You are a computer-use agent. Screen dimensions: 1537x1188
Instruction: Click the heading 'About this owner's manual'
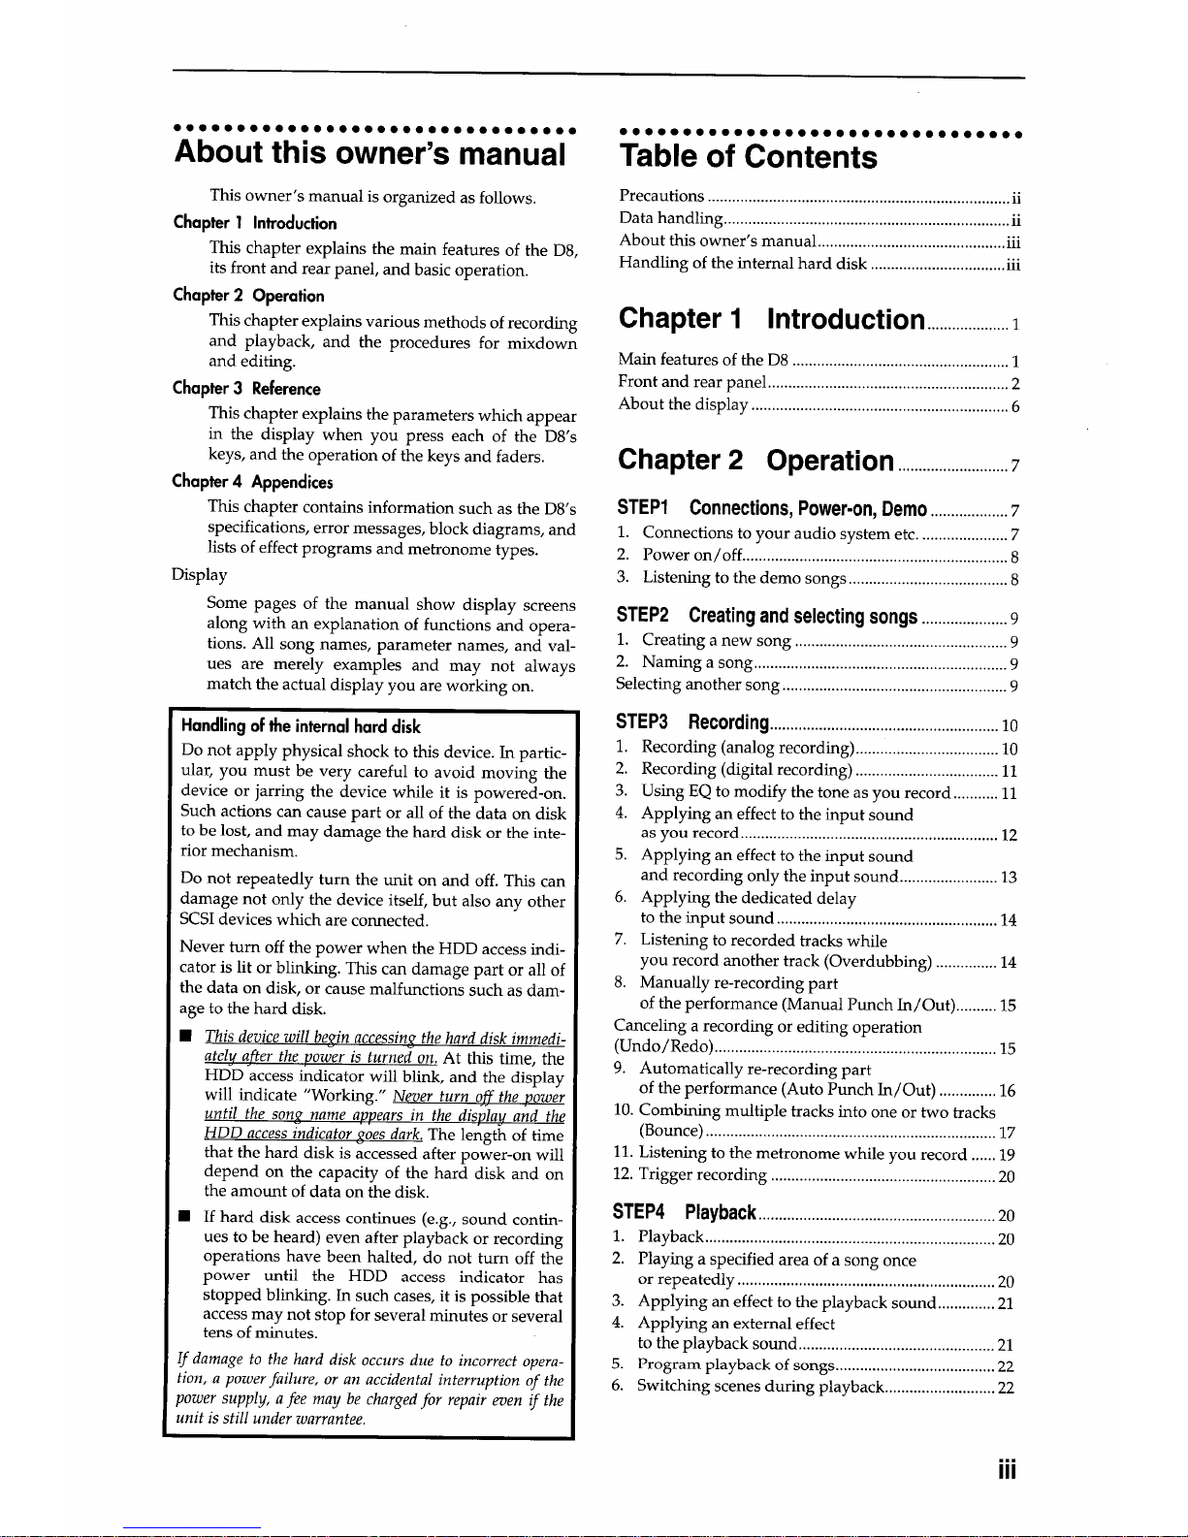tap(369, 154)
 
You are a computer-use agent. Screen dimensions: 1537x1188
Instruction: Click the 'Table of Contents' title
tap(748, 157)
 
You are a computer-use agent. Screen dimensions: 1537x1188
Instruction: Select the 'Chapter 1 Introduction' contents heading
tap(771, 319)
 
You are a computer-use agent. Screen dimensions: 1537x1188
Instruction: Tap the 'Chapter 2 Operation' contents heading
tap(755, 460)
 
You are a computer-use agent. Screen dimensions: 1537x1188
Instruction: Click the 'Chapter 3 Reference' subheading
tap(246, 389)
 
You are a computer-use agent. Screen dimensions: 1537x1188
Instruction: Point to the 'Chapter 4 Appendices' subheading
tap(252, 482)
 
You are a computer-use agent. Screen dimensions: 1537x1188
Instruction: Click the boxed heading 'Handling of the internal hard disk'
tap(301, 726)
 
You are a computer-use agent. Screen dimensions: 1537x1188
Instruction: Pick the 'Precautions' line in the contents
tap(661, 196)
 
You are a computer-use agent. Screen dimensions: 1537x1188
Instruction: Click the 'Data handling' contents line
tap(670, 218)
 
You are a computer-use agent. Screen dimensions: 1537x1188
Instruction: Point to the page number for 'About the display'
tap(1014, 408)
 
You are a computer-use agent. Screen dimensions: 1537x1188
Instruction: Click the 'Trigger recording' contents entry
tap(702, 1176)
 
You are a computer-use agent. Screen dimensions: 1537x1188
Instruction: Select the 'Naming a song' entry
tap(696, 663)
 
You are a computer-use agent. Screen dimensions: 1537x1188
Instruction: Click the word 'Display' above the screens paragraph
tap(200, 575)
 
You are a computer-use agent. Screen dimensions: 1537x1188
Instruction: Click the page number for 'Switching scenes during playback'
tap(1006, 1388)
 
